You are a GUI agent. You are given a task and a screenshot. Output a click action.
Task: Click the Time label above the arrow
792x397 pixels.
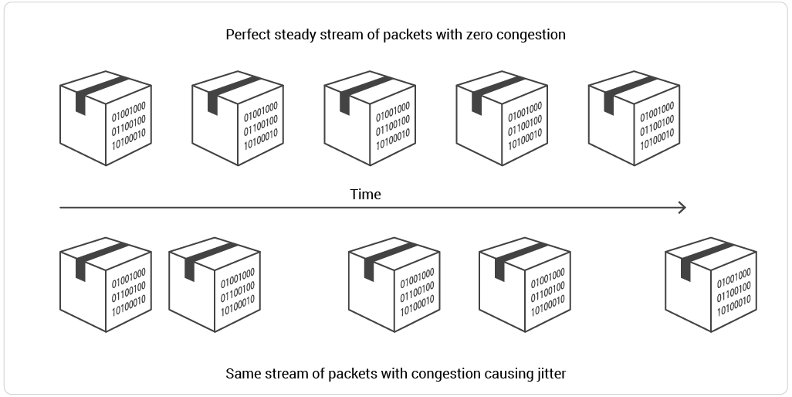pyautogui.click(x=365, y=195)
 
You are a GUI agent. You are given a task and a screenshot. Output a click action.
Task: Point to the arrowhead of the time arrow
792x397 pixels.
pyautogui.click(x=682, y=207)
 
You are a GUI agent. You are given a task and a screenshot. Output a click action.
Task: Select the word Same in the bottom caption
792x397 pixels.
pyautogui.click(x=242, y=374)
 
